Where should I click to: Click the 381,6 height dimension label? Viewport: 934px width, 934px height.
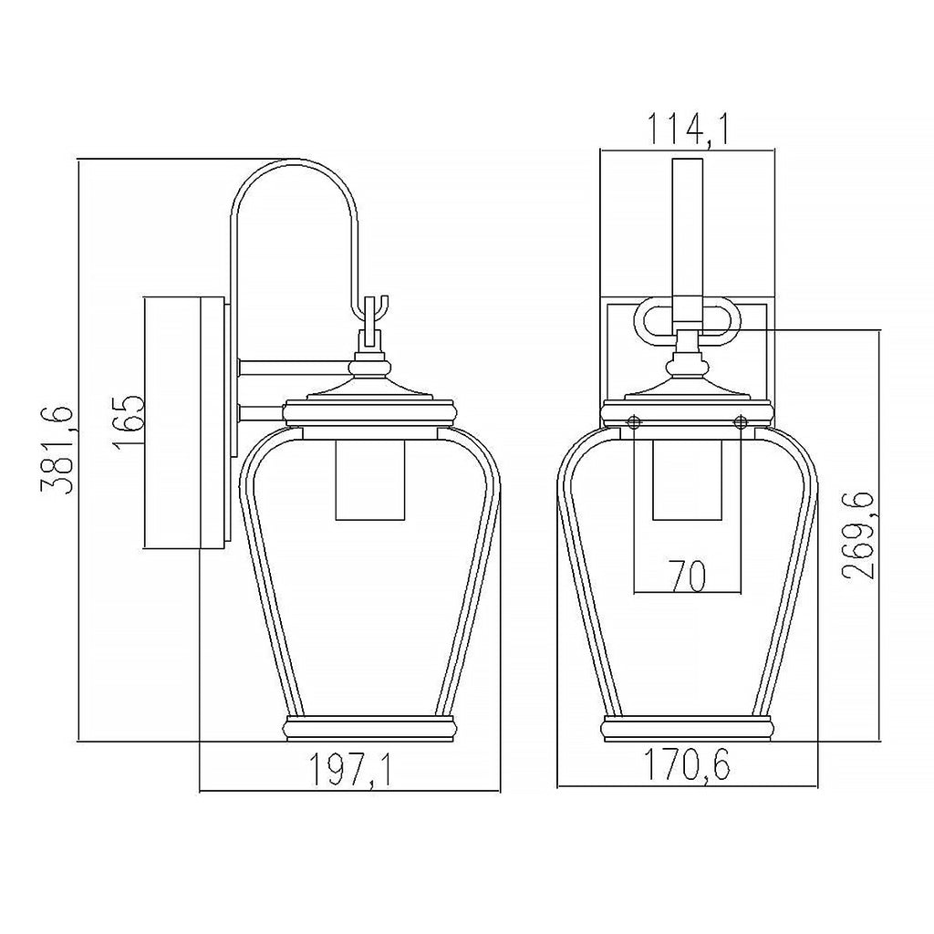(57, 450)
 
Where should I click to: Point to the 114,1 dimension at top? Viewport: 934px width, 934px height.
(688, 130)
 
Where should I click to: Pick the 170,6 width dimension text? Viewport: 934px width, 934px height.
(687, 764)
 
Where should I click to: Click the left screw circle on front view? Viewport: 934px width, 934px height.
(635, 421)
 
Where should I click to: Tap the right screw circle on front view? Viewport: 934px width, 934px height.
(741, 422)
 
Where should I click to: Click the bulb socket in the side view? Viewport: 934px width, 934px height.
(370, 480)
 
